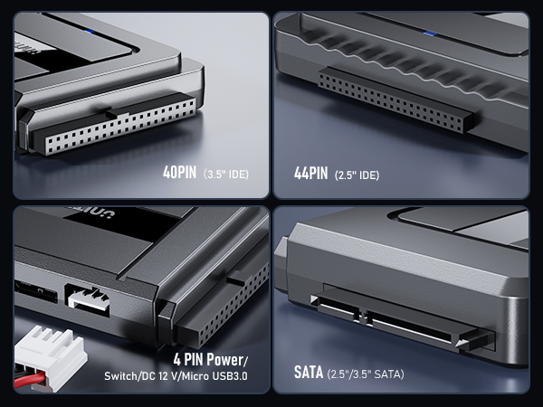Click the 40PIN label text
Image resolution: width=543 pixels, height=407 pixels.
click(x=180, y=172)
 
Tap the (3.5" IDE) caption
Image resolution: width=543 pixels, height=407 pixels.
click(x=226, y=173)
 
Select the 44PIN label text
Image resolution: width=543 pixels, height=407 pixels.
click(x=310, y=172)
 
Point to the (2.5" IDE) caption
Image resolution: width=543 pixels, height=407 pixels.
click(x=357, y=173)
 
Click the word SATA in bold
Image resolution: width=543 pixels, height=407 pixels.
click(x=308, y=372)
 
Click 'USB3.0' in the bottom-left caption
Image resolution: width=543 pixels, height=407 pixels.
click(x=230, y=374)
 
